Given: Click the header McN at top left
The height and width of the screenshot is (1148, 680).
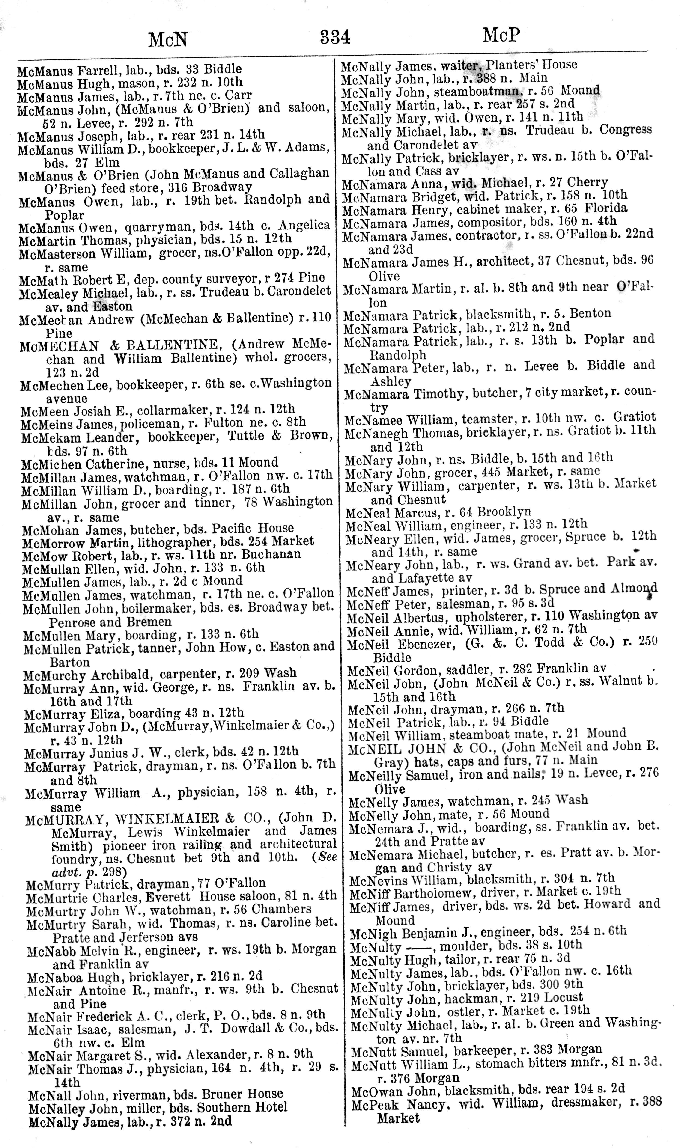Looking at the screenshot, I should (168, 40).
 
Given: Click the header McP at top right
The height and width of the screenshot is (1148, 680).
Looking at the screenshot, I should (501, 35).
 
